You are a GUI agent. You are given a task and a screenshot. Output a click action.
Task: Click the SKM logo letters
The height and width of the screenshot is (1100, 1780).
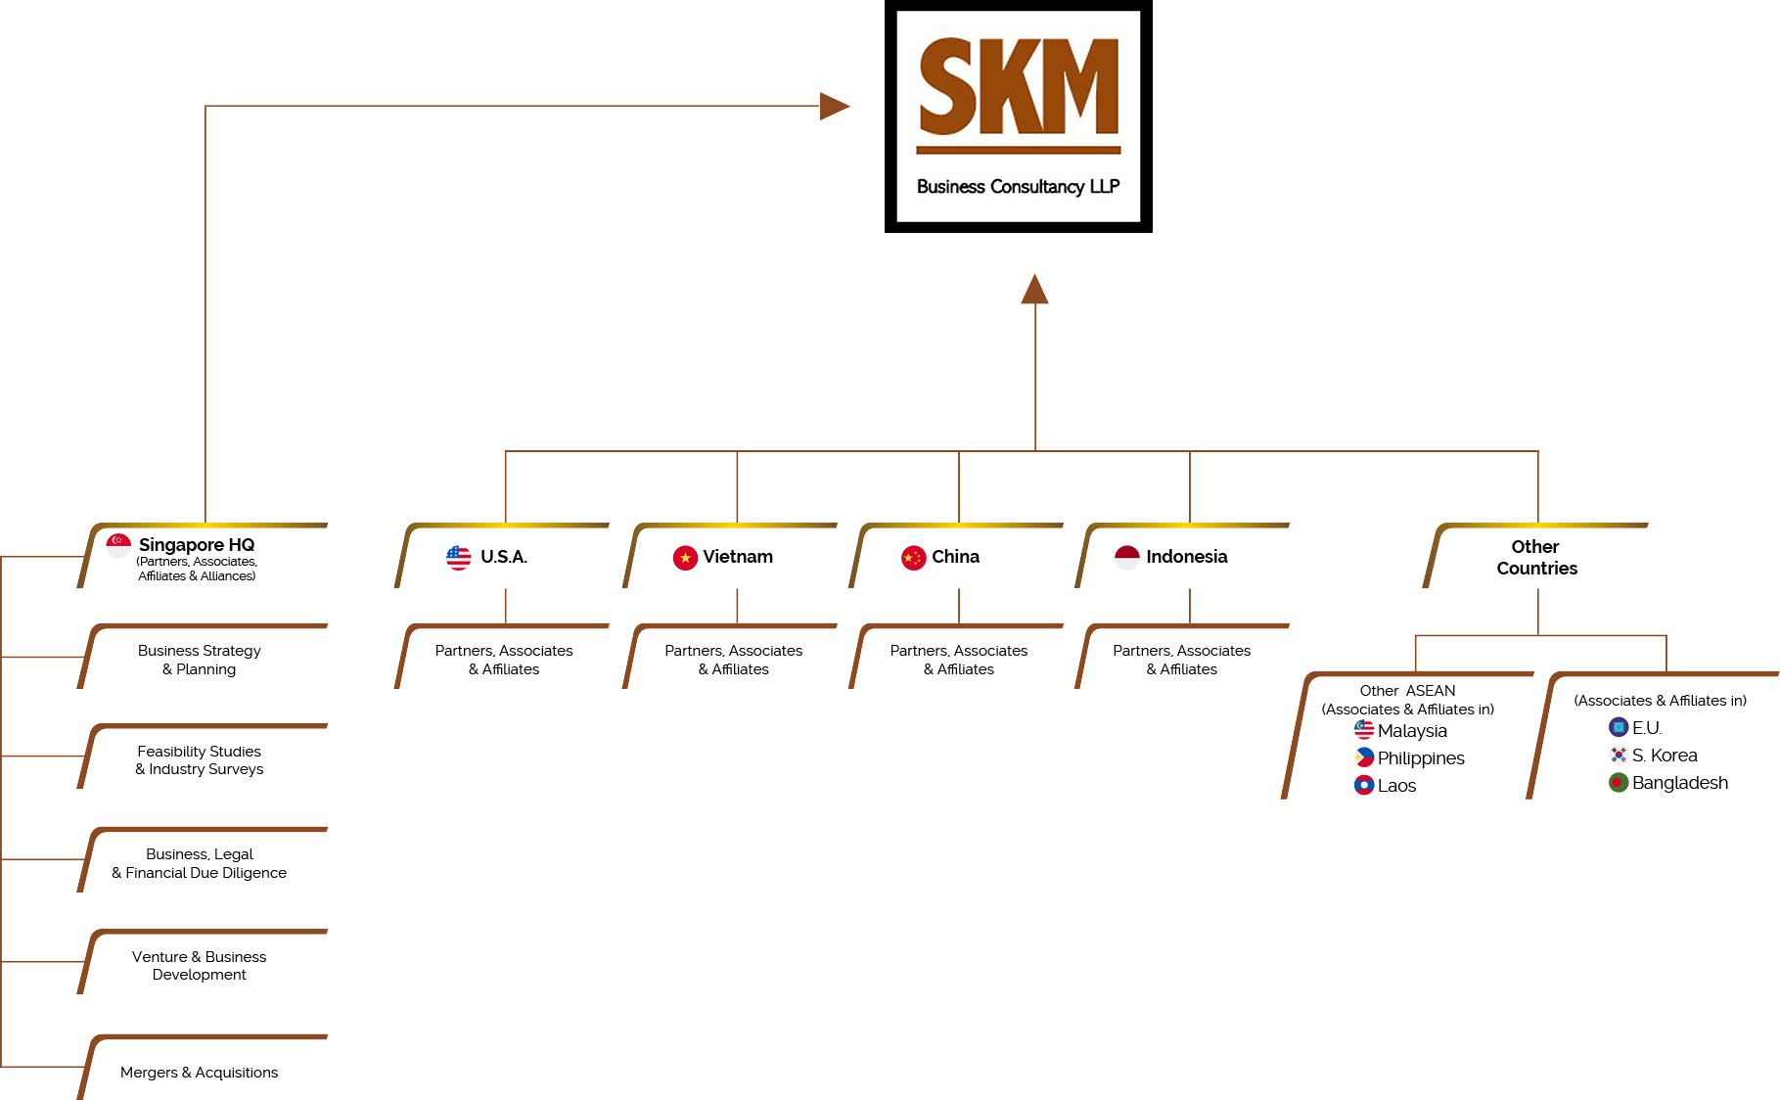pyautogui.click(x=1019, y=87)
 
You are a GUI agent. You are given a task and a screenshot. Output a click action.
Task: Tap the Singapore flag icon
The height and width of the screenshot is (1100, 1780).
pyautogui.click(x=118, y=545)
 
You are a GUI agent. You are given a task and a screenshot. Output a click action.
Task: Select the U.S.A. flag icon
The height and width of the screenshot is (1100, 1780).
pyautogui.click(x=458, y=558)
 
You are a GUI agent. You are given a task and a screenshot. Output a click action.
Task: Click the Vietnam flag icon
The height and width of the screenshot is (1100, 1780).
pyautogui.click(x=685, y=558)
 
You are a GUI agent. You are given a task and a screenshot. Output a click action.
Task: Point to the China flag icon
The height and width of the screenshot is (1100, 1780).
pyautogui.click(x=913, y=558)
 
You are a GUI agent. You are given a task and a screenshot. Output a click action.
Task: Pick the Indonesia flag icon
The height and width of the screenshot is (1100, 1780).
pyautogui.click(x=1127, y=557)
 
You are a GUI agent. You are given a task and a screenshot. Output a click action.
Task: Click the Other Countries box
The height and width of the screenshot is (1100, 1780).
pyautogui.click(x=1535, y=558)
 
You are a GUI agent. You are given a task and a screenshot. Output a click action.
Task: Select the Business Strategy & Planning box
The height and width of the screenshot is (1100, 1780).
pyautogui.click(x=200, y=660)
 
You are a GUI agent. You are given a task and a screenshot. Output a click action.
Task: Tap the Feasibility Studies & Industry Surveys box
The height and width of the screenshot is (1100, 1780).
pyautogui.click(x=200, y=760)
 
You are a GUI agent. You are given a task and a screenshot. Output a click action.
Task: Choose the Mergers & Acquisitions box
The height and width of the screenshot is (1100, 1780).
pyautogui.click(x=200, y=1073)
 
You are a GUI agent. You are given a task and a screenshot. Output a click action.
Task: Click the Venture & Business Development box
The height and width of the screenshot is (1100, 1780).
pyautogui.click(x=200, y=966)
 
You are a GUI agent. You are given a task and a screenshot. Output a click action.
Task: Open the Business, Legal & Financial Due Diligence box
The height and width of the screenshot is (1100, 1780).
pyautogui.click(x=200, y=863)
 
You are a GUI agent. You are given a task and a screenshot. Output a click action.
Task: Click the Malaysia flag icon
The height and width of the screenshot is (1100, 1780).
pyautogui.click(x=1364, y=730)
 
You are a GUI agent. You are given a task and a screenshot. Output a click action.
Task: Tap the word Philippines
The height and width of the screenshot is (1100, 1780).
pyautogui.click(x=1421, y=758)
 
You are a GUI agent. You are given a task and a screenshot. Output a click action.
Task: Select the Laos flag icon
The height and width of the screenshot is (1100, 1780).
pyautogui.click(x=1364, y=785)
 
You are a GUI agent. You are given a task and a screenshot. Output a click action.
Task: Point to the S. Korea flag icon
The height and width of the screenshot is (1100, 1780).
pyautogui.click(x=1619, y=755)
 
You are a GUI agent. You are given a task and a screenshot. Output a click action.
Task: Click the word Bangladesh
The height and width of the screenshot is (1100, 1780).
pyautogui.click(x=1680, y=783)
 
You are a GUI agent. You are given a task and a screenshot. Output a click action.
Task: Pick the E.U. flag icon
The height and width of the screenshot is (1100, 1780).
pyautogui.click(x=1619, y=727)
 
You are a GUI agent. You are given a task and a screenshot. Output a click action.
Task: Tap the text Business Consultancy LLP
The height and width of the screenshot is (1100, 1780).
pyautogui.click(x=1018, y=187)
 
